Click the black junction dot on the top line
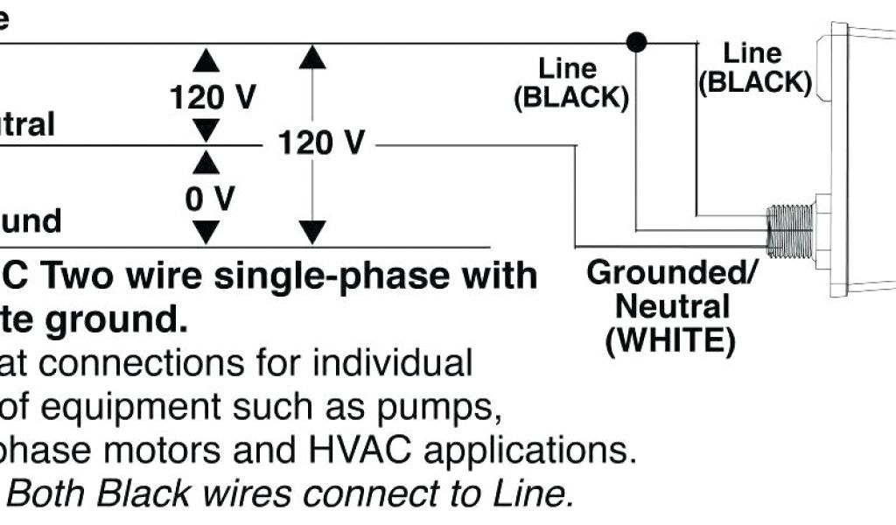[638, 41]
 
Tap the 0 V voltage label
[210, 199]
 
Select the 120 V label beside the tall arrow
[320, 143]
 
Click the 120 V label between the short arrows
[213, 97]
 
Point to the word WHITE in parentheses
[670, 340]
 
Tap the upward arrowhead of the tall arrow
[312, 58]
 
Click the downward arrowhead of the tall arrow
[312, 232]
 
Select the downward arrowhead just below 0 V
[206, 232]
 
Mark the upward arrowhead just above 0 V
[206, 162]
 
